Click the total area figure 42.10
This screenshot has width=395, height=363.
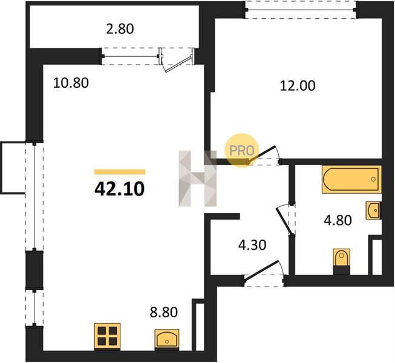coord(120,189)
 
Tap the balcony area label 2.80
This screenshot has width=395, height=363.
coord(120,28)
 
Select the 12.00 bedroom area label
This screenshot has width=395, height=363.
coord(298,86)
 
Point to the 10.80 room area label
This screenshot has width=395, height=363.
coord(71,83)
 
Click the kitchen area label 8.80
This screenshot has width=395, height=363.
coord(164,312)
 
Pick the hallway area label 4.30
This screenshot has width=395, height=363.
coord(252,245)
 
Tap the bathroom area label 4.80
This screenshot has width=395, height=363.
coord(338,220)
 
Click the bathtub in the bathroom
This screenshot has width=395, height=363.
coord(351,179)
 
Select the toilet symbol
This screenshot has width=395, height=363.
coord(342,258)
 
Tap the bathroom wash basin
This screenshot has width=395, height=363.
coord(373,210)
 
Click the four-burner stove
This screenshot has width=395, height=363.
coord(107,336)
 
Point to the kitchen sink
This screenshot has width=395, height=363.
coord(167,339)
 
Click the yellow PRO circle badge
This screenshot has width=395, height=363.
coord(241,151)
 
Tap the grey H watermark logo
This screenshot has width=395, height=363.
coord(197,178)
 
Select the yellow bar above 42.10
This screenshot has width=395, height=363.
coord(120,172)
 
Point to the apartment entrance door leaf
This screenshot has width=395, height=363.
coord(261,271)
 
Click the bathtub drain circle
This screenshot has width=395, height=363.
coord(373,179)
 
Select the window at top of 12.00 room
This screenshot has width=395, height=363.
coord(301,10)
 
